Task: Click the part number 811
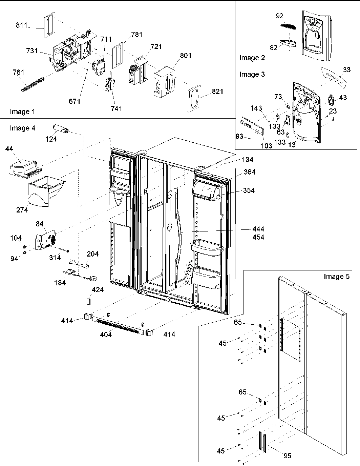(x=21, y=25)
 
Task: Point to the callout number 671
(x=75, y=101)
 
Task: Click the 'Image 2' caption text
(x=252, y=58)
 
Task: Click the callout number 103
(x=267, y=146)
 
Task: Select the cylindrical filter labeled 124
(x=60, y=129)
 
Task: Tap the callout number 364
(x=249, y=172)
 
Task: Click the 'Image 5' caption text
(x=336, y=277)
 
